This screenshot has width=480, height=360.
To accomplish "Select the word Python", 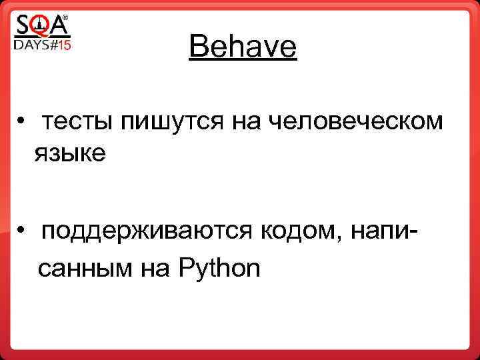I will (x=219, y=269).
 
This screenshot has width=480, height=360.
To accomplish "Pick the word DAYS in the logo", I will (x=31, y=45).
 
